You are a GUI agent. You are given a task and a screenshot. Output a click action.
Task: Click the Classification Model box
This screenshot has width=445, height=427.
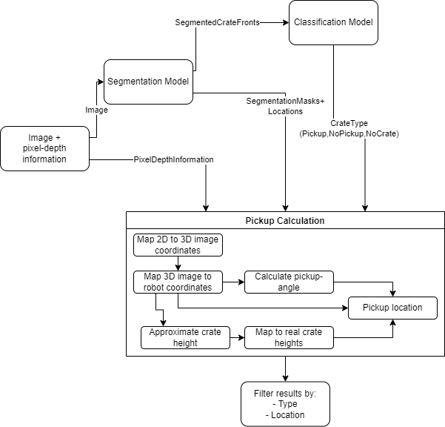click(333, 22)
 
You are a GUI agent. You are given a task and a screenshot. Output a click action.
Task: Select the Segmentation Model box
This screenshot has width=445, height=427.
click(148, 82)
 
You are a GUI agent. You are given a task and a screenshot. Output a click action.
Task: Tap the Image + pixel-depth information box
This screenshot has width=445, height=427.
click(45, 148)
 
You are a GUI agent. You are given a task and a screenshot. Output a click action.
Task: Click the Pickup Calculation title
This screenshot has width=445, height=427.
click(285, 221)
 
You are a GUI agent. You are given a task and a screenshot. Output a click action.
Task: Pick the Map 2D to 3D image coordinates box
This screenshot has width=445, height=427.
click(178, 245)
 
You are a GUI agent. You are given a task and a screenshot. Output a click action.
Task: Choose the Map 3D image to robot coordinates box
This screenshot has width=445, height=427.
click(178, 282)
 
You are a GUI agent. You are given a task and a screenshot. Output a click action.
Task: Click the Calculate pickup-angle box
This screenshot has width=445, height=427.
click(289, 282)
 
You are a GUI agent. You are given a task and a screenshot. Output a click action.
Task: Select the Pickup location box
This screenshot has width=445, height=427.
click(392, 308)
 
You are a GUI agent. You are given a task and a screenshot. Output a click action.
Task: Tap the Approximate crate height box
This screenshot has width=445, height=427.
click(185, 337)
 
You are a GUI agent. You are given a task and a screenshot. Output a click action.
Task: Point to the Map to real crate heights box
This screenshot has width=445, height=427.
click(289, 337)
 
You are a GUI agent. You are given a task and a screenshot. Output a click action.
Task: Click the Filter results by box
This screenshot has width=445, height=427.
click(286, 404)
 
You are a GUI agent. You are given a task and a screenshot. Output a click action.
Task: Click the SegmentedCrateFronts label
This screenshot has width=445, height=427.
click(218, 22)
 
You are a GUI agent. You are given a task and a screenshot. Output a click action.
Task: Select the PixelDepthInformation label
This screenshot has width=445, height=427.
click(173, 159)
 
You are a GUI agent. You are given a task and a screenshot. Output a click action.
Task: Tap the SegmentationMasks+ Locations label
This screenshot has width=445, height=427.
click(285, 106)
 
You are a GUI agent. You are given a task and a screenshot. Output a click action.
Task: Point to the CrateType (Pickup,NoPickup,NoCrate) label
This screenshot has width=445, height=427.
click(349, 128)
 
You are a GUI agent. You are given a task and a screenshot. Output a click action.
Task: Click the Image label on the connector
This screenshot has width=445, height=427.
click(96, 110)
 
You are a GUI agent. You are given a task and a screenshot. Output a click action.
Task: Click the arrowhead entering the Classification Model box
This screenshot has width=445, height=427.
click(286, 22)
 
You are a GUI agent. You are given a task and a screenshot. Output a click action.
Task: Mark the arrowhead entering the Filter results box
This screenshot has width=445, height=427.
click(286, 379)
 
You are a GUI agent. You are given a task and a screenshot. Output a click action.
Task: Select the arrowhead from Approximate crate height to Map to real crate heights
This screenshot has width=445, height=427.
click(241, 337)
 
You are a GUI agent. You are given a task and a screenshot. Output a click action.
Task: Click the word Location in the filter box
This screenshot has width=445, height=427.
click(288, 415)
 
